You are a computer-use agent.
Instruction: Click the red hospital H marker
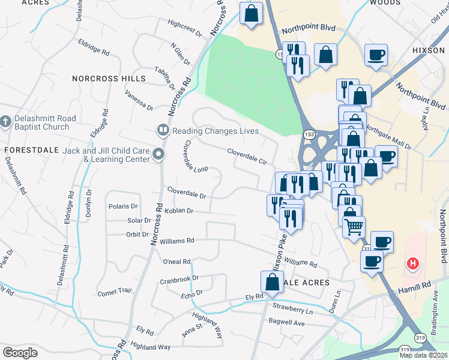[412, 263]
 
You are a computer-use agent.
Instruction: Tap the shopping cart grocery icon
[354, 226]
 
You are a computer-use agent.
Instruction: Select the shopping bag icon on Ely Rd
[272, 282]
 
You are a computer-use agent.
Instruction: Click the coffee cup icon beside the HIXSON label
[376, 56]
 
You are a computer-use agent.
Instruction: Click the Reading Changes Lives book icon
[162, 130]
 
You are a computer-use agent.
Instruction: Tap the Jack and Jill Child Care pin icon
[158, 155]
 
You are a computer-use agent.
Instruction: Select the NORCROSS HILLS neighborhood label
[109, 79]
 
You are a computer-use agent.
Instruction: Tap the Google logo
[20, 352]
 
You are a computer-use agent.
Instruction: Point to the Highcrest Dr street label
[185, 28]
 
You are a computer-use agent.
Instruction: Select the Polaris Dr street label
[124, 206]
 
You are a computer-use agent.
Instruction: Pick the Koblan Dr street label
[174, 211]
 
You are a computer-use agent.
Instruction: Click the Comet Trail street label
[114, 292]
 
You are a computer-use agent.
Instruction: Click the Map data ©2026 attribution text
[423, 355]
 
